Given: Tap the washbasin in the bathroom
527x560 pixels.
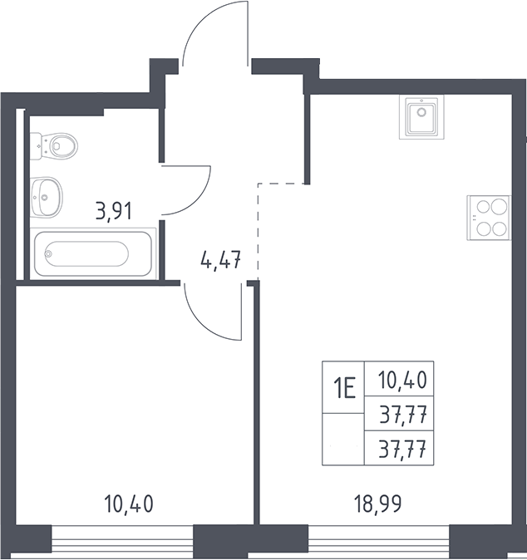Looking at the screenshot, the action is click(x=47, y=197).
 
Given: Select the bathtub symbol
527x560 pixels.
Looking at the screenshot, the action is click(x=93, y=254).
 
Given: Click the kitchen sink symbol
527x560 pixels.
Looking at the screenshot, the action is click(x=421, y=117).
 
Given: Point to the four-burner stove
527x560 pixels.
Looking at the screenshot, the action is click(x=489, y=218).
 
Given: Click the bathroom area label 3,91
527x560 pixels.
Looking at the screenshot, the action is click(x=114, y=211).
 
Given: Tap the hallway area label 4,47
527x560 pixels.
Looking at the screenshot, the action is click(x=221, y=259).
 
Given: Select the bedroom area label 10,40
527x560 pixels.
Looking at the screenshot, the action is click(x=129, y=504).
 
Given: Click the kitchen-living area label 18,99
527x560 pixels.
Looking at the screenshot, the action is click(x=377, y=504).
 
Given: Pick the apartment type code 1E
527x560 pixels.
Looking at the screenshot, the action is click(x=344, y=389).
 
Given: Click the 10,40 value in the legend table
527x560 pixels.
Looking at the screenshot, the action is click(x=402, y=380).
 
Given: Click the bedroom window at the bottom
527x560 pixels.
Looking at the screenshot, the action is click(x=122, y=543).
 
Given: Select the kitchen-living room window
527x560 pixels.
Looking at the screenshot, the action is click(x=379, y=543).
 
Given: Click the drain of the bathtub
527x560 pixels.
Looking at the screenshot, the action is click(x=48, y=253).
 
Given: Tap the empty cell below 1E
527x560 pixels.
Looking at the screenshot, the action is click(x=343, y=440).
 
